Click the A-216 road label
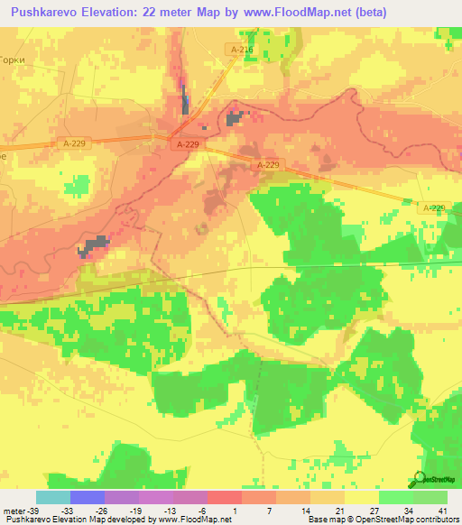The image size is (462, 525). coord(241,51)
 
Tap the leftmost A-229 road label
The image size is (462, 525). coord(75,143)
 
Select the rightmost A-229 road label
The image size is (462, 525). coord(434,207)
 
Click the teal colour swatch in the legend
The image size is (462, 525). coord(53,497)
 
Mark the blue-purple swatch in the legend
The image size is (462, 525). coord(88,497)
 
